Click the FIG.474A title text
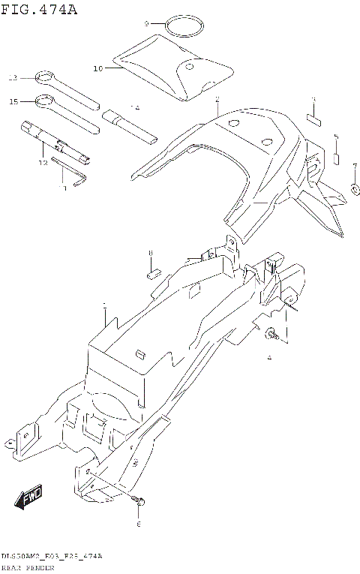39,9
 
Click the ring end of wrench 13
43,77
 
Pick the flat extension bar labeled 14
130,126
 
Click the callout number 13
12,77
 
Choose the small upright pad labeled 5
337,158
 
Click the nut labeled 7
354,188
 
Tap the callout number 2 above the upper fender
217,100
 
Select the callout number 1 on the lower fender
104,306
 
